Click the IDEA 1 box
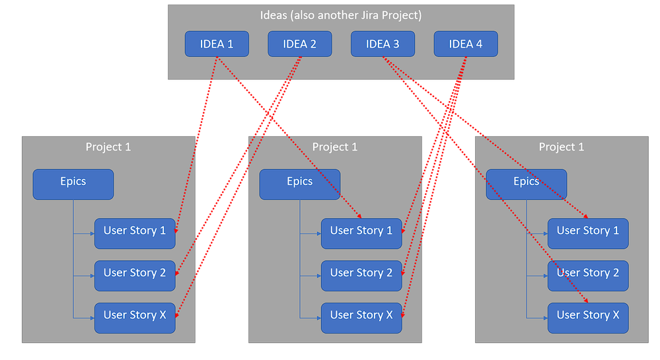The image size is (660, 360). click(x=217, y=44)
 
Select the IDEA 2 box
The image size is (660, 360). click(x=299, y=44)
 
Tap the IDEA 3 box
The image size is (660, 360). click(x=383, y=44)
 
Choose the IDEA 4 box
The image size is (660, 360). click(x=466, y=44)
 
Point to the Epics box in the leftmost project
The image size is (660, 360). click(x=73, y=184)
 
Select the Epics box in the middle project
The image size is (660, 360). click(x=299, y=184)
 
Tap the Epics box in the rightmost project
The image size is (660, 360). click(x=526, y=184)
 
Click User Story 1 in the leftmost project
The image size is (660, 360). click(x=135, y=234)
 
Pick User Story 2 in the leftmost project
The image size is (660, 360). click(x=135, y=275)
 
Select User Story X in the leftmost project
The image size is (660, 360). click(x=135, y=318)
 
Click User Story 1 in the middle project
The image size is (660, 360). click(x=361, y=234)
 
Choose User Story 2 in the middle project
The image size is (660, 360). click(x=361, y=275)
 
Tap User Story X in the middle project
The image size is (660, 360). click(x=361, y=318)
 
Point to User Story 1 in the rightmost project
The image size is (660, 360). click(x=588, y=234)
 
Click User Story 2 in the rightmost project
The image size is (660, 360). click(x=588, y=275)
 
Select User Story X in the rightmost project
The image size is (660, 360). click(x=588, y=318)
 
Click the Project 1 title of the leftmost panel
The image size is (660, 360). click(x=108, y=147)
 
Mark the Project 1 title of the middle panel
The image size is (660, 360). click(x=335, y=147)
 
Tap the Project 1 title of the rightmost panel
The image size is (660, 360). click(x=562, y=147)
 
